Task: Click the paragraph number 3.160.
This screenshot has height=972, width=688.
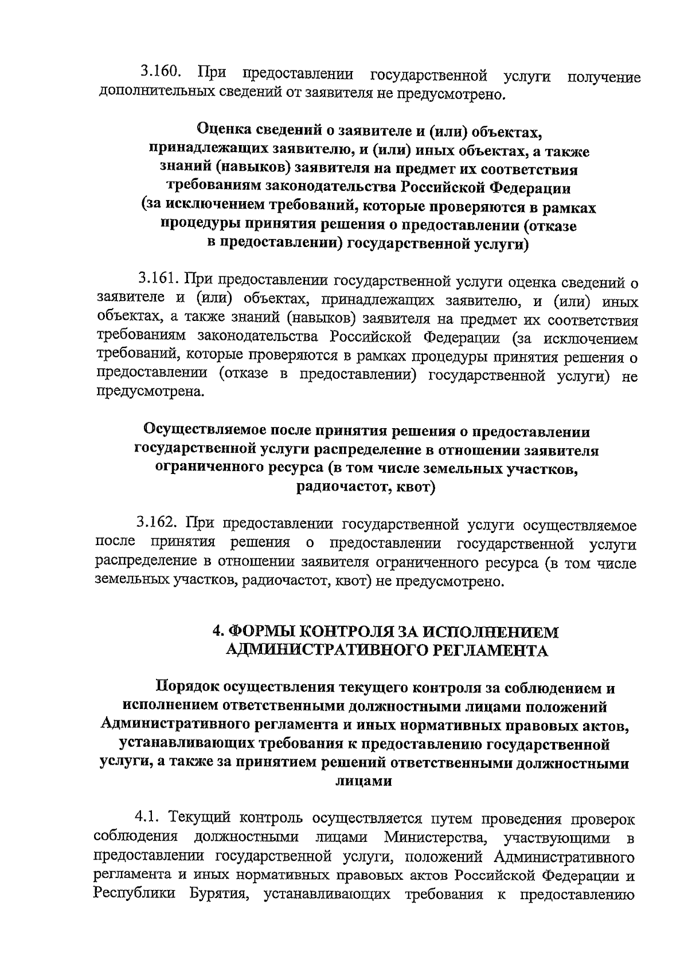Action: click(162, 74)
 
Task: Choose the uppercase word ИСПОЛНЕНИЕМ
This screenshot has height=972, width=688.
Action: click(492, 632)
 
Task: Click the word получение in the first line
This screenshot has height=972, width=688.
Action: click(603, 77)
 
